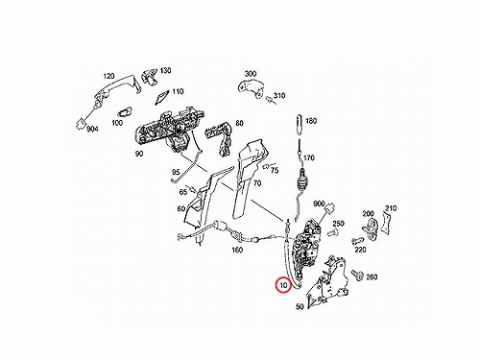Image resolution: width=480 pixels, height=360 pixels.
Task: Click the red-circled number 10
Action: (x=283, y=284)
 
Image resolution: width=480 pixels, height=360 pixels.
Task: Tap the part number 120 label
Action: (x=108, y=76)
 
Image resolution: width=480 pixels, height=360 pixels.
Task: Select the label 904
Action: (x=92, y=129)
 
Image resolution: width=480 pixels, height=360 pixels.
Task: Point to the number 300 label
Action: (x=251, y=74)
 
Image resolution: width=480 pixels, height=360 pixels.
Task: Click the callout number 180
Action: (x=311, y=121)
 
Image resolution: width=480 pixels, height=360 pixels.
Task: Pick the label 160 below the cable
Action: (x=237, y=250)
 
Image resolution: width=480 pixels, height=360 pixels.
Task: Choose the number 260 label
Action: (x=372, y=276)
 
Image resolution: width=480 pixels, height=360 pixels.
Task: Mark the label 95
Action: (x=176, y=172)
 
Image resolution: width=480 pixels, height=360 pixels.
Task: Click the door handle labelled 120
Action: (x=116, y=87)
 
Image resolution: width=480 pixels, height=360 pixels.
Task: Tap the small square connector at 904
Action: (x=81, y=123)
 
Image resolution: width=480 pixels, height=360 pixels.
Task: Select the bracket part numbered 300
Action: (x=252, y=88)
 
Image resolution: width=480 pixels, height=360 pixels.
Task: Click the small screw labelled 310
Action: (x=270, y=99)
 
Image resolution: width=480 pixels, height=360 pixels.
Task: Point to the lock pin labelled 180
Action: (x=300, y=125)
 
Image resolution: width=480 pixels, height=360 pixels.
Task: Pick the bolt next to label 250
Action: (x=331, y=233)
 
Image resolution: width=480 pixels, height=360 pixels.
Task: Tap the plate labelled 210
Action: (x=387, y=224)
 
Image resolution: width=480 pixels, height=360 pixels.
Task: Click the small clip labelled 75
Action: (x=266, y=167)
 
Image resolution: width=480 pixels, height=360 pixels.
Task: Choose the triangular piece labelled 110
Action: (x=163, y=97)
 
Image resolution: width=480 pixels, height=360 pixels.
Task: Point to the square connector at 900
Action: (x=329, y=209)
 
